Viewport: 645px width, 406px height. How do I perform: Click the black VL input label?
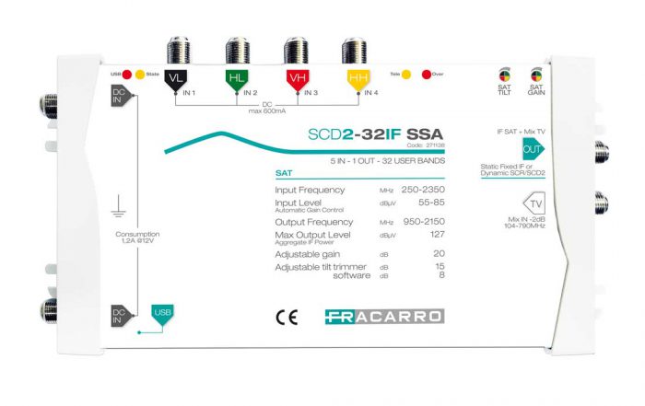(x=175, y=81)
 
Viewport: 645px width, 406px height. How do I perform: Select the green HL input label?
(x=235, y=81)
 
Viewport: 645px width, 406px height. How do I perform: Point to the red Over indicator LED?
(x=426, y=73)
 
